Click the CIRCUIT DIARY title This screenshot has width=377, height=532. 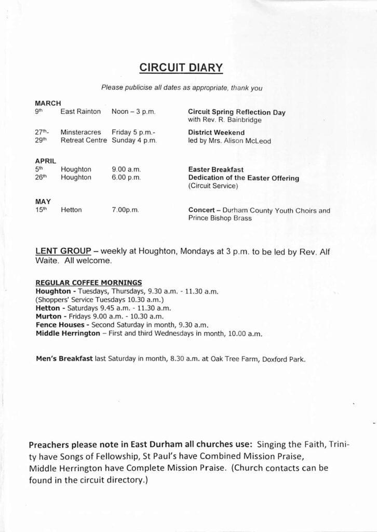pyautogui.click(x=181, y=67)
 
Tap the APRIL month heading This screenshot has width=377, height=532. pyautogui.click(x=46, y=161)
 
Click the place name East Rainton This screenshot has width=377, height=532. pyautogui.click(x=79, y=112)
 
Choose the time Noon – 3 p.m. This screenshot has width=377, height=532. pyautogui.click(x=134, y=112)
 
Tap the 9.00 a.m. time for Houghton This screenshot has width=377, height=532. pyautogui.click(x=126, y=169)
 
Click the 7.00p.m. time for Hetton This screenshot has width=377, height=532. pyautogui.click(x=125, y=210)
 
